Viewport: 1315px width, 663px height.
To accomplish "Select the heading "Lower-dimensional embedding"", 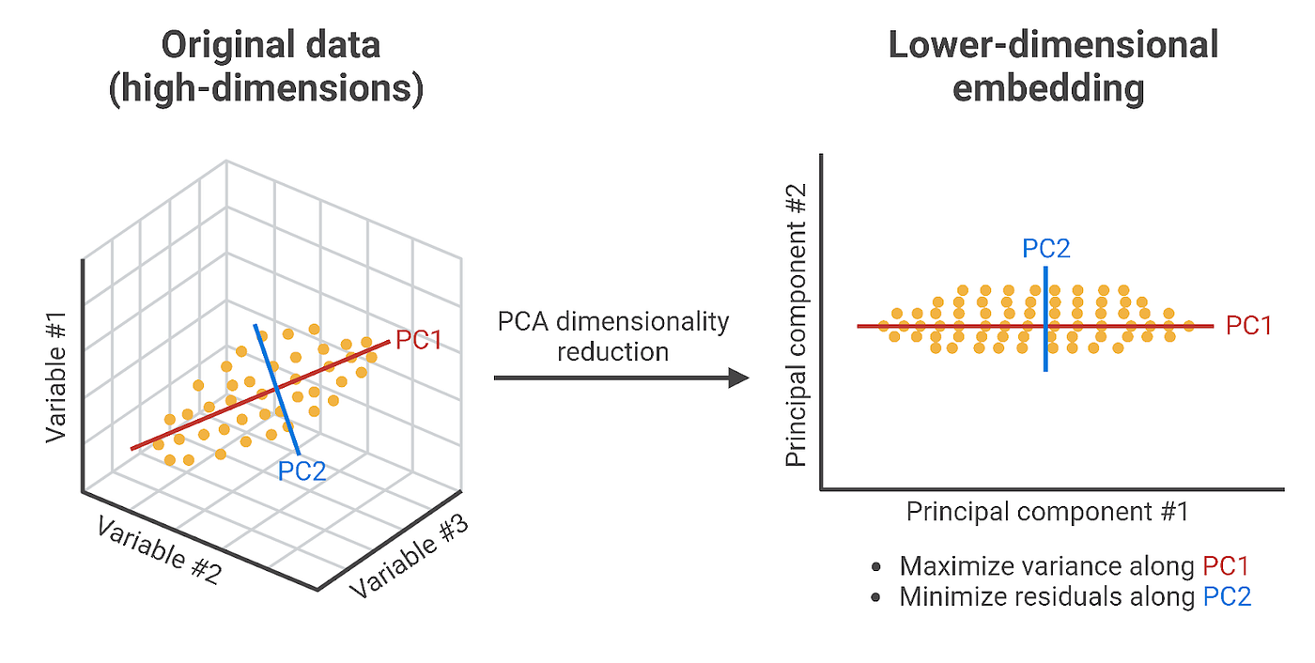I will tap(1053, 66).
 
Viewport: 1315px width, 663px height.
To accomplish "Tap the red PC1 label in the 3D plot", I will tap(418, 340).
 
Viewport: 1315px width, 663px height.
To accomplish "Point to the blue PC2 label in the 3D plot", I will tap(302, 470).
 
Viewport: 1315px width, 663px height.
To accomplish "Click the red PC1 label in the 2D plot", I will tap(1249, 326).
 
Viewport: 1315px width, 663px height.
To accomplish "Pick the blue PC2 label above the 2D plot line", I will tap(1046, 249).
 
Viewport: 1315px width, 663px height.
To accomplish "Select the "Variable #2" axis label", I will tap(158, 551).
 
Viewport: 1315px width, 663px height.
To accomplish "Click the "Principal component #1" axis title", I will tap(1047, 512).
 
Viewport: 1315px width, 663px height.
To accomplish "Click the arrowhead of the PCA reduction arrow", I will tap(738, 378).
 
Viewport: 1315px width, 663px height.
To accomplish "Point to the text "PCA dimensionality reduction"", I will tap(612, 336).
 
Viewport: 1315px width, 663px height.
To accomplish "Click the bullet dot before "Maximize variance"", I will tap(876, 567).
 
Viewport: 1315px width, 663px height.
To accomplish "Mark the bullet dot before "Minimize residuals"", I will tap(876, 597).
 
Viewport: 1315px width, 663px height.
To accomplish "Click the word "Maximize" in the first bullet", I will tap(947, 566).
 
